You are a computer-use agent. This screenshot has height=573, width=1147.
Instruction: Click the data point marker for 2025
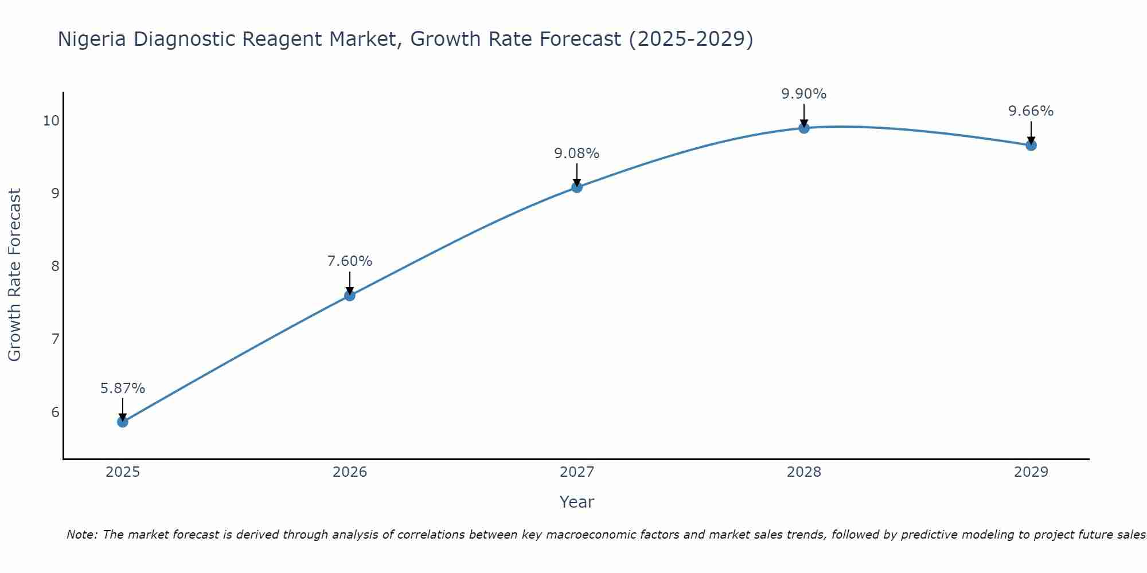pos(123,422)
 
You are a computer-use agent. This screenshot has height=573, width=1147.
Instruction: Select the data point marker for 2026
pos(350,296)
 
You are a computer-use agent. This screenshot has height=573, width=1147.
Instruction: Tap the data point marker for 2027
pos(577,187)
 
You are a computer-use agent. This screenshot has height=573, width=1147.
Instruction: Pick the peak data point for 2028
pos(804,128)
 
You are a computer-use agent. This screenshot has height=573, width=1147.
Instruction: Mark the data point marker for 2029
pos(1031,146)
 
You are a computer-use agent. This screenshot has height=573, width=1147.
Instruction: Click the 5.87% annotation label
pos(123,388)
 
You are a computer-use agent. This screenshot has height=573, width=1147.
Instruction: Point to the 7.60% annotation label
pos(350,261)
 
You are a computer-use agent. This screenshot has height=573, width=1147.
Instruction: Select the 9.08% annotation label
pos(577,154)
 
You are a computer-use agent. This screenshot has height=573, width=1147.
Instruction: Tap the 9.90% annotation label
pos(804,94)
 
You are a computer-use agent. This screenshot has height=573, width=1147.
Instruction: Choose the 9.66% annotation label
pos(1031,111)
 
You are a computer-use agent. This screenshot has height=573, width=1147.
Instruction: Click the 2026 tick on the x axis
pos(350,472)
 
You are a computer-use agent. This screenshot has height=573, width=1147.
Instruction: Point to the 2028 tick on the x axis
pos(804,472)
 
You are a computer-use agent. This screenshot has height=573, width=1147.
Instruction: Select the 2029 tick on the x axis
pos(1031,472)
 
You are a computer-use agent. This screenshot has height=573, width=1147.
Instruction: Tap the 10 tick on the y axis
pos(51,120)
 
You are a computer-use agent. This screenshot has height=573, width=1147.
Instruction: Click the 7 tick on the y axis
pos(55,339)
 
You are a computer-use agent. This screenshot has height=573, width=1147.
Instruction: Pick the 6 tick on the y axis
pos(55,413)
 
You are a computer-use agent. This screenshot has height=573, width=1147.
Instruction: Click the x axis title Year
pos(577,502)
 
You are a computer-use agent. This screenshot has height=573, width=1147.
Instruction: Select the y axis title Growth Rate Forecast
pos(15,275)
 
